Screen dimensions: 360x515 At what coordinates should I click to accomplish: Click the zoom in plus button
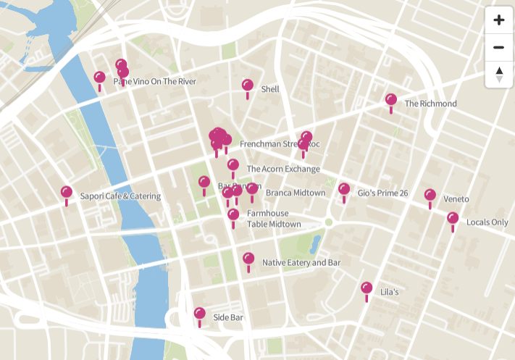pos(498,20)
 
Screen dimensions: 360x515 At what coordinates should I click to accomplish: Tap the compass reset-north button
pos(498,74)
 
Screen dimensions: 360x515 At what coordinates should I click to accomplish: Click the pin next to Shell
pos(248,86)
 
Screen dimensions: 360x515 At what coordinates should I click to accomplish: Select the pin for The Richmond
pos(391,101)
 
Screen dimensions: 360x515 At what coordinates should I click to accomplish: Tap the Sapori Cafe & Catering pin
pos(67,193)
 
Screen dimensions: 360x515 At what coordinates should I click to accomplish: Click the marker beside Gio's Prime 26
pos(344,190)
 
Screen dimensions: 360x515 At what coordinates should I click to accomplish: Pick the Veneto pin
pos(430,196)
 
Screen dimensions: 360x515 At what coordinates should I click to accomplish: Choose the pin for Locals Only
pos(453,219)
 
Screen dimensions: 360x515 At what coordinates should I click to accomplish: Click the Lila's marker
pos(367,289)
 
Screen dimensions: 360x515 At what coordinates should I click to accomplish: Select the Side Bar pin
pos(200,314)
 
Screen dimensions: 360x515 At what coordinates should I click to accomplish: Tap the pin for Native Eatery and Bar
pos(248,259)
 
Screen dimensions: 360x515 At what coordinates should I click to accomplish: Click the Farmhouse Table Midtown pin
pos(233,215)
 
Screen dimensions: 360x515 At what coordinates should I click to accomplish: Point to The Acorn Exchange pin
pos(233,166)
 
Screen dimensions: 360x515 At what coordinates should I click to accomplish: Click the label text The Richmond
pos(430,104)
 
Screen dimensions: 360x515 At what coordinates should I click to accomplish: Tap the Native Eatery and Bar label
pos(301,262)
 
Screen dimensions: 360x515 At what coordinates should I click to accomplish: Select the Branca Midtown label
pos(295,193)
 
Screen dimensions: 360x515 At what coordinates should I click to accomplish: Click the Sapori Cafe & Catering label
pos(120,196)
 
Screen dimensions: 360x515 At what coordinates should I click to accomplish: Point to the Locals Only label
pos(487,222)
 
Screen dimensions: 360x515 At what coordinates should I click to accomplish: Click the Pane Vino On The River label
pos(155,82)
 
